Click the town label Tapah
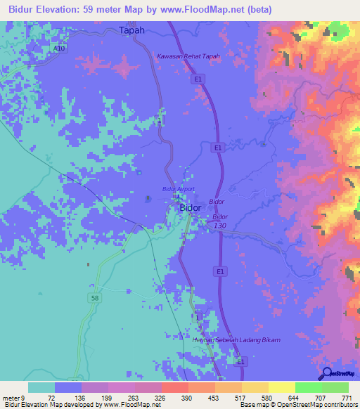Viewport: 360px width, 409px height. (131, 30)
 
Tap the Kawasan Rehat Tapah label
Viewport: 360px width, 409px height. (188, 56)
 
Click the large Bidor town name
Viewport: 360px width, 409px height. (191, 208)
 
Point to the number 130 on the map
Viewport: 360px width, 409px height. (219, 226)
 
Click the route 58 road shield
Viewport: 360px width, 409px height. (95, 298)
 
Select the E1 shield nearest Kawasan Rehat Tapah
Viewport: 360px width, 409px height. (200, 80)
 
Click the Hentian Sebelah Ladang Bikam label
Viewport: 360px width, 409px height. (236, 341)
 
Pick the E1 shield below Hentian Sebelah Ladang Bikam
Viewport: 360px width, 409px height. (241, 361)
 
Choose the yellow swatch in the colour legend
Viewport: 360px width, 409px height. (282, 387)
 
